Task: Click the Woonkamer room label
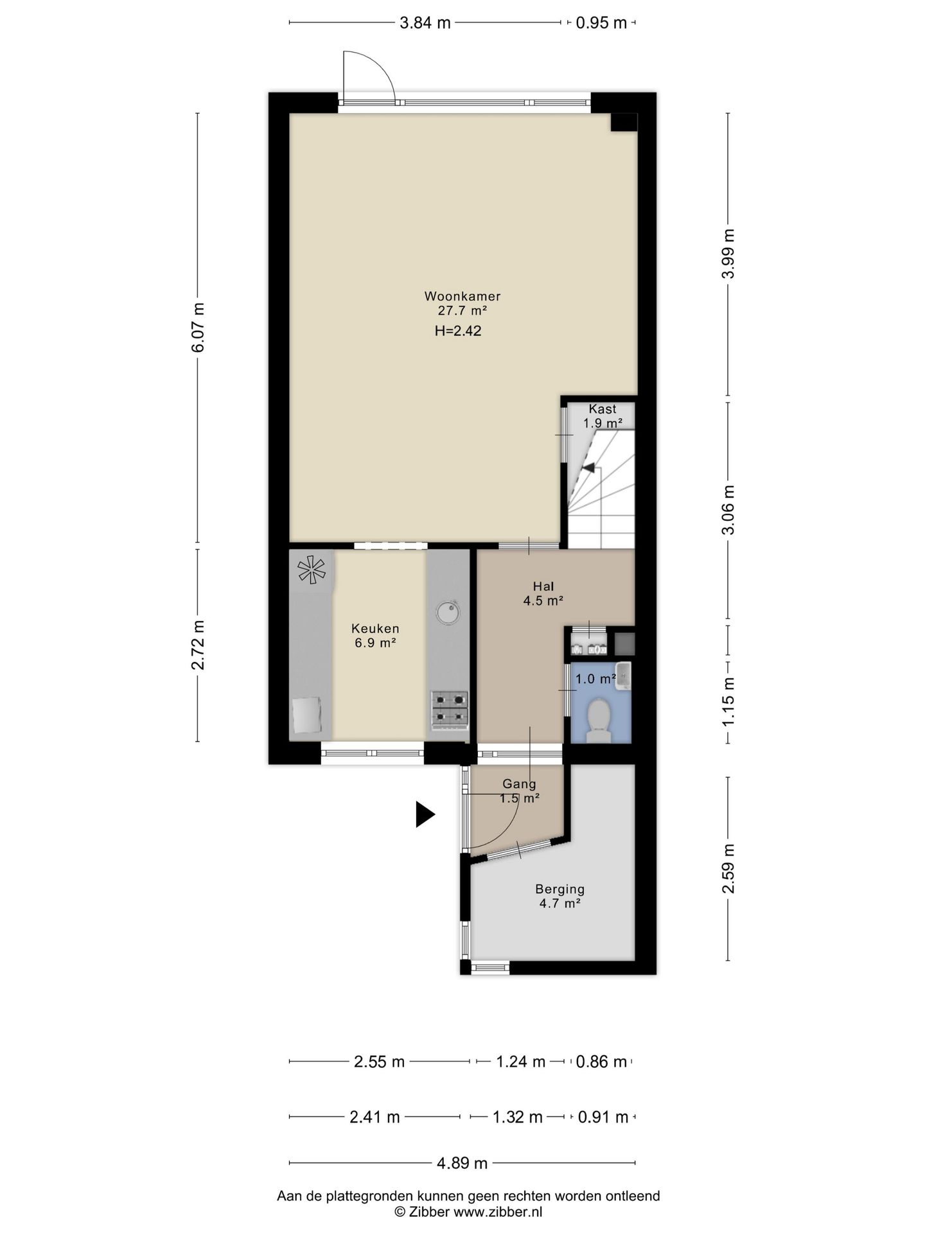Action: pyautogui.click(x=462, y=297)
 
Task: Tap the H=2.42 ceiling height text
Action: pyautogui.click(x=458, y=331)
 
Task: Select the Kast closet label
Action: pyautogui.click(x=602, y=409)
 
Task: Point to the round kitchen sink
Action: pyautogui.click(x=448, y=612)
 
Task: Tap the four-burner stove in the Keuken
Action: pyautogui.click(x=450, y=710)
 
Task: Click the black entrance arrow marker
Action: pyautogui.click(x=425, y=814)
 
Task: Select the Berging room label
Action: pyautogui.click(x=560, y=889)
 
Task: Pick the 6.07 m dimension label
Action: pyautogui.click(x=198, y=327)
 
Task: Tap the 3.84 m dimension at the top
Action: pyautogui.click(x=425, y=23)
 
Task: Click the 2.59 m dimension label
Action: pyautogui.click(x=728, y=868)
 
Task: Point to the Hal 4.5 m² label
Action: pyautogui.click(x=543, y=594)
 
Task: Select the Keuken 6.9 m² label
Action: pyautogui.click(x=375, y=636)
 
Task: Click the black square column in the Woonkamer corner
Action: pyautogui.click(x=624, y=122)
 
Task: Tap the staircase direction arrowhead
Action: pyautogui.click(x=588, y=468)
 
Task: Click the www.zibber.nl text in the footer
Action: pyautogui.click(x=498, y=1212)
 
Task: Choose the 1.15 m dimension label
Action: pyautogui.click(x=728, y=703)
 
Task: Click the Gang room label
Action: pyautogui.click(x=519, y=784)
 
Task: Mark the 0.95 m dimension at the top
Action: pyautogui.click(x=601, y=23)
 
